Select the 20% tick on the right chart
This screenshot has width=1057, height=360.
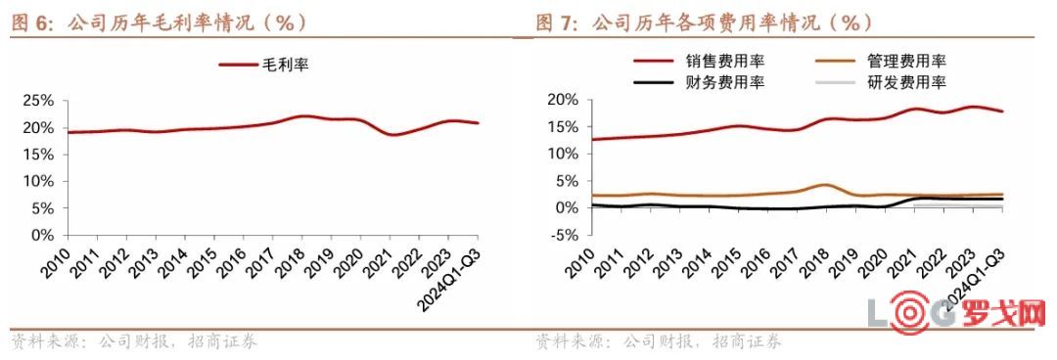coord(563,100)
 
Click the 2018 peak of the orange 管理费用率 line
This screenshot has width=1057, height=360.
coord(825,185)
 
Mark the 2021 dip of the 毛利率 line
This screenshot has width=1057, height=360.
coord(393,135)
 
